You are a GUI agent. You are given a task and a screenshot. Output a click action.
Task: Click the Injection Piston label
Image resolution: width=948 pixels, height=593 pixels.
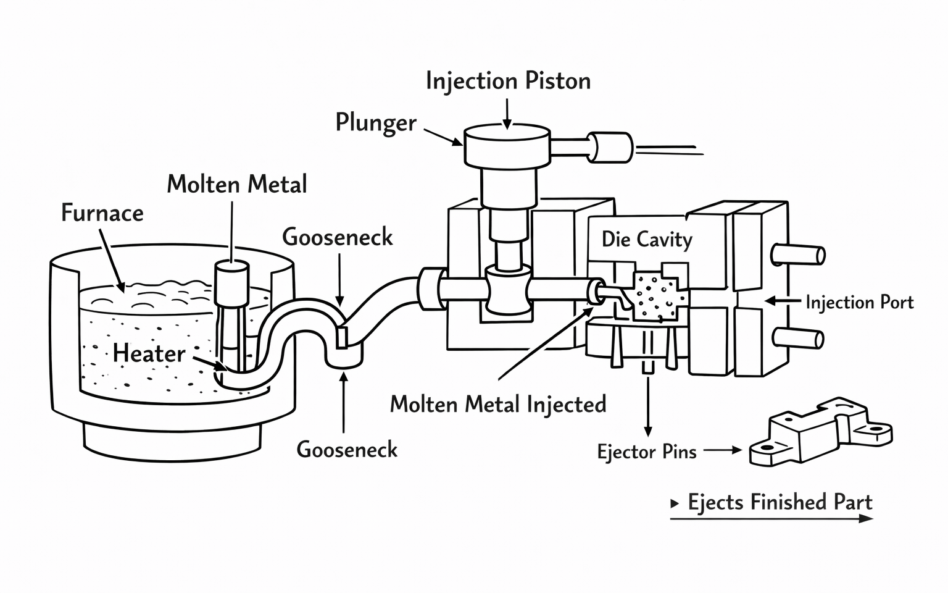pyautogui.click(x=508, y=81)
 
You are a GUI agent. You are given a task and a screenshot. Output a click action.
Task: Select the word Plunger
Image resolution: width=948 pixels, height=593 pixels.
pyautogui.click(x=376, y=122)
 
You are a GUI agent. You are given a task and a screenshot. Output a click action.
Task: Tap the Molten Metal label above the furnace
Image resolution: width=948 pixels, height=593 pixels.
pyautogui.click(x=237, y=184)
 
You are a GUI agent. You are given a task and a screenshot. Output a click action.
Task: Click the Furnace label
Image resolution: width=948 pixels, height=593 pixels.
pyautogui.click(x=102, y=213)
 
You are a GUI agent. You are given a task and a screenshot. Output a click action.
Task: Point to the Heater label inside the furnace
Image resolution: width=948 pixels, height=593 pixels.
pyautogui.click(x=149, y=353)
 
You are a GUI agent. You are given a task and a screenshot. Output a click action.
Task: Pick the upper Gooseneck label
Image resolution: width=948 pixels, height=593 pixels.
pyautogui.click(x=338, y=237)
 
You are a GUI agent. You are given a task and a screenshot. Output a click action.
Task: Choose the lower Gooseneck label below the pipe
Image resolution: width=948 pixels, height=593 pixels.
pyautogui.click(x=347, y=449)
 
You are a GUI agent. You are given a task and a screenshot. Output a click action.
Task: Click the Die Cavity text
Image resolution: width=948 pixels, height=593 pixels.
pyautogui.click(x=647, y=239)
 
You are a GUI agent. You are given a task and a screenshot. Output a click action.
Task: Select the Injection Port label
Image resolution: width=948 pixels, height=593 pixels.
pyautogui.click(x=859, y=302)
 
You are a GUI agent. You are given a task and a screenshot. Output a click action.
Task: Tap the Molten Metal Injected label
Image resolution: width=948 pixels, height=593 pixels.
pyautogui.click(x=498, y=404)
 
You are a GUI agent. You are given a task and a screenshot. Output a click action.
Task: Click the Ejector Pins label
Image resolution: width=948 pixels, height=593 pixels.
pyautogui.click(x=647, y=452)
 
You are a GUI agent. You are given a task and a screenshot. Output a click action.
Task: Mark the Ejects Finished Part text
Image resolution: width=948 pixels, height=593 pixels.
pyautogui.click(x=780, y=502)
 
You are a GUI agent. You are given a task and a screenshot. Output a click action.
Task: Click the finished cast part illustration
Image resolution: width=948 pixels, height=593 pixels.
pyautogui.click(x=820, y=432)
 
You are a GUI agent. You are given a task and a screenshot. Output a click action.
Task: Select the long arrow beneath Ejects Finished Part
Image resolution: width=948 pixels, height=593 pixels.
pyautogui.click(x=771, y=518)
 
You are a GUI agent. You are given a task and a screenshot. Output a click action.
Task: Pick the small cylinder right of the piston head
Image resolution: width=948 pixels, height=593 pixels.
pyautogui.click(x=609, y=147)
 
